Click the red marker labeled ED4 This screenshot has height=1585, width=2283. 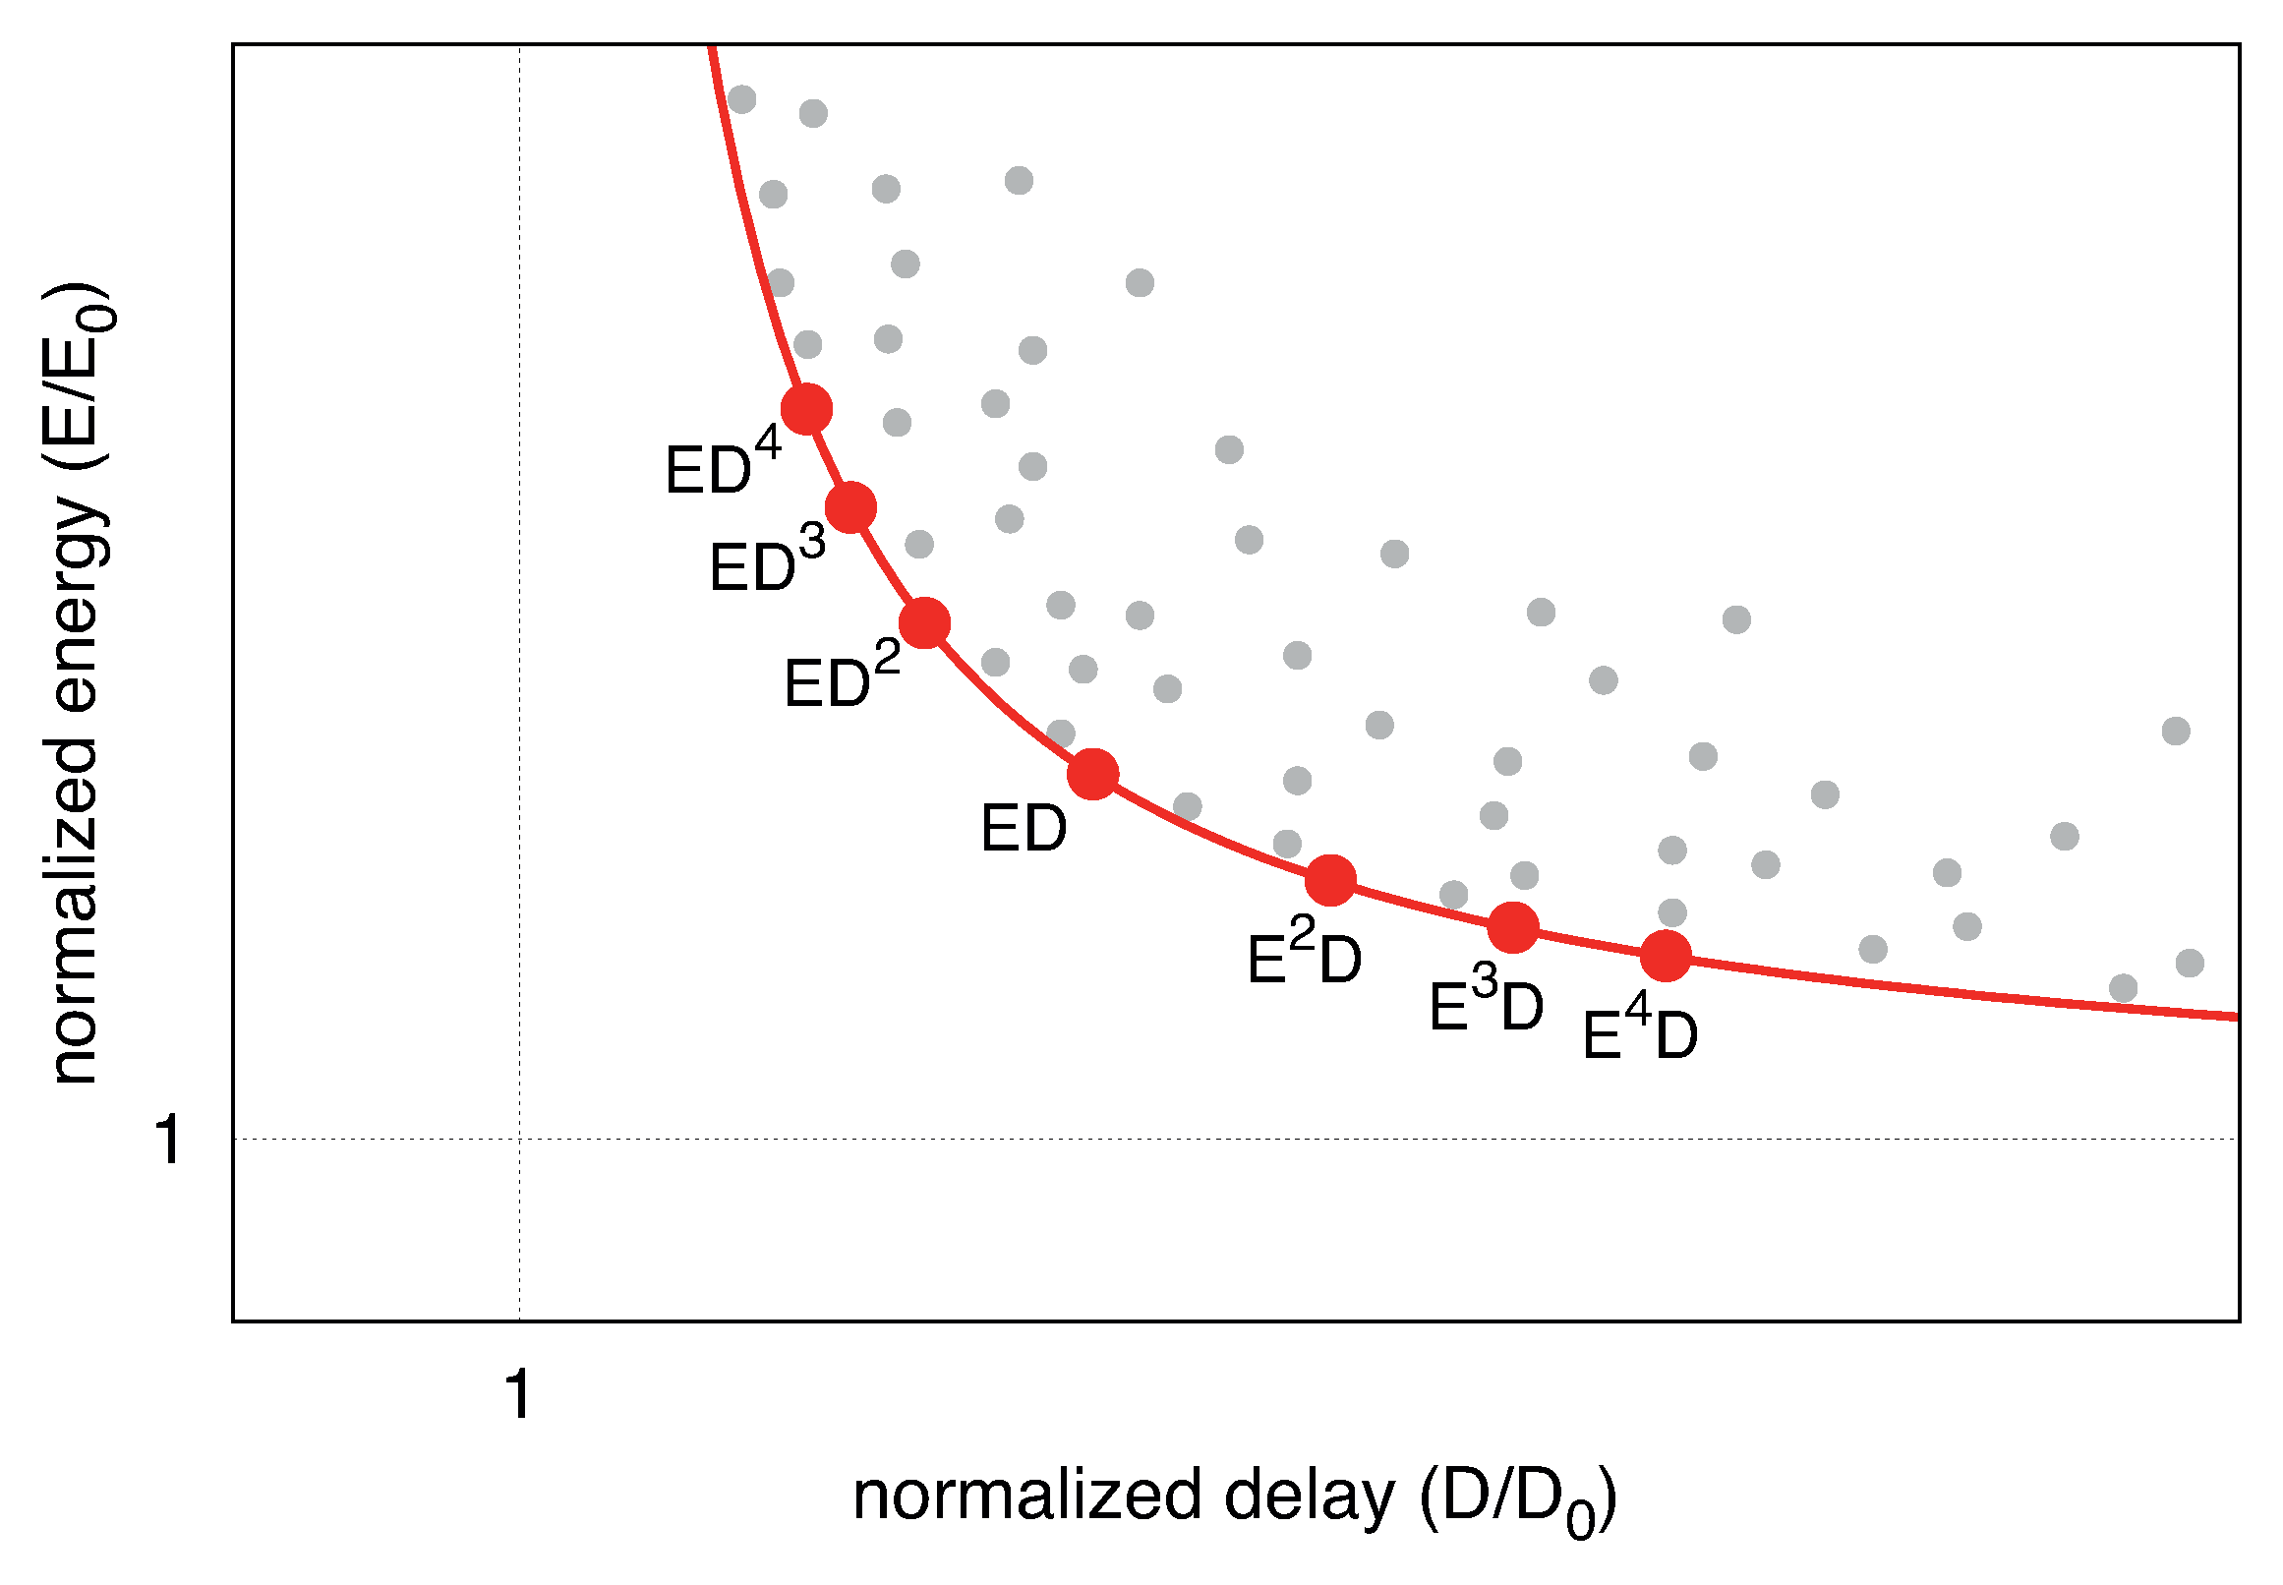[x=806, y=408]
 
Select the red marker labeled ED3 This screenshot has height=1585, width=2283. [x=851, y=507]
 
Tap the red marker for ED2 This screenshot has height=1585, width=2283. [x=924, y=622]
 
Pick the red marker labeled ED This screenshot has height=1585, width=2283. [x=1092, y=774]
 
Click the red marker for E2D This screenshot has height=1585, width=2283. [x=1329, y=880]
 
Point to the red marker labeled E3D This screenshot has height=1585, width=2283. [x=1512, y=927]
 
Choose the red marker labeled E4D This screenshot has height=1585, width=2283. [x=1666, y=956]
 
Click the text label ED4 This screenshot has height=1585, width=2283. [x=722, y=463]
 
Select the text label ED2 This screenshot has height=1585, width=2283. [x=841, y=676]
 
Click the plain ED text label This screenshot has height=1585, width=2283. [x=1023, y=828]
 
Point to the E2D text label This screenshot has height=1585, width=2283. [x=1303, y=954]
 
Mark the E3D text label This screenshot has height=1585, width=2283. [x=1486, y=1000]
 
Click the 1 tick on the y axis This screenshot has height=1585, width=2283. [x=169, y=1139]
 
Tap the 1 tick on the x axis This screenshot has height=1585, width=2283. [x=518, y=1394]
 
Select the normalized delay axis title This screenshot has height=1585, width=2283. [x=1234, y=1498]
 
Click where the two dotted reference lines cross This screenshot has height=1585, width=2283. [x=519, y=1139]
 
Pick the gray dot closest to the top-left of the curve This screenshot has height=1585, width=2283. [x=741, y=99]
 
